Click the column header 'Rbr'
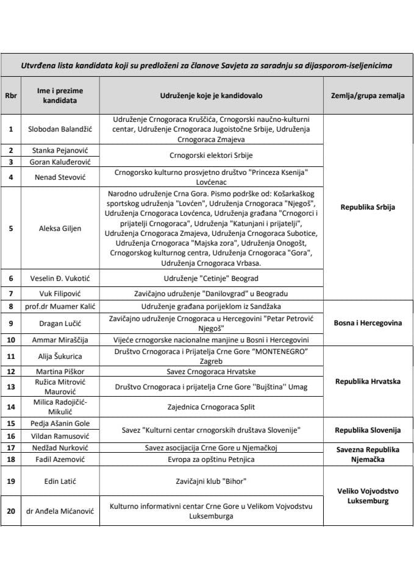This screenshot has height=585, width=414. click(x=10, y=95)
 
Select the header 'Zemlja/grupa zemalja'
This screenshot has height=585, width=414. click(x=367, y=95)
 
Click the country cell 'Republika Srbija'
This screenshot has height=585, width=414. click(x=367, y=207)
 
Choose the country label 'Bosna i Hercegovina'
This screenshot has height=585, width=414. click(x=367, y=323)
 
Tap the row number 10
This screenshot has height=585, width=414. click(x=10, y=339)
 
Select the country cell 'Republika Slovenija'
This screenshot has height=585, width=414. click(x=367, y=430)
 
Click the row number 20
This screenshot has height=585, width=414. click(x=10, y=511)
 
